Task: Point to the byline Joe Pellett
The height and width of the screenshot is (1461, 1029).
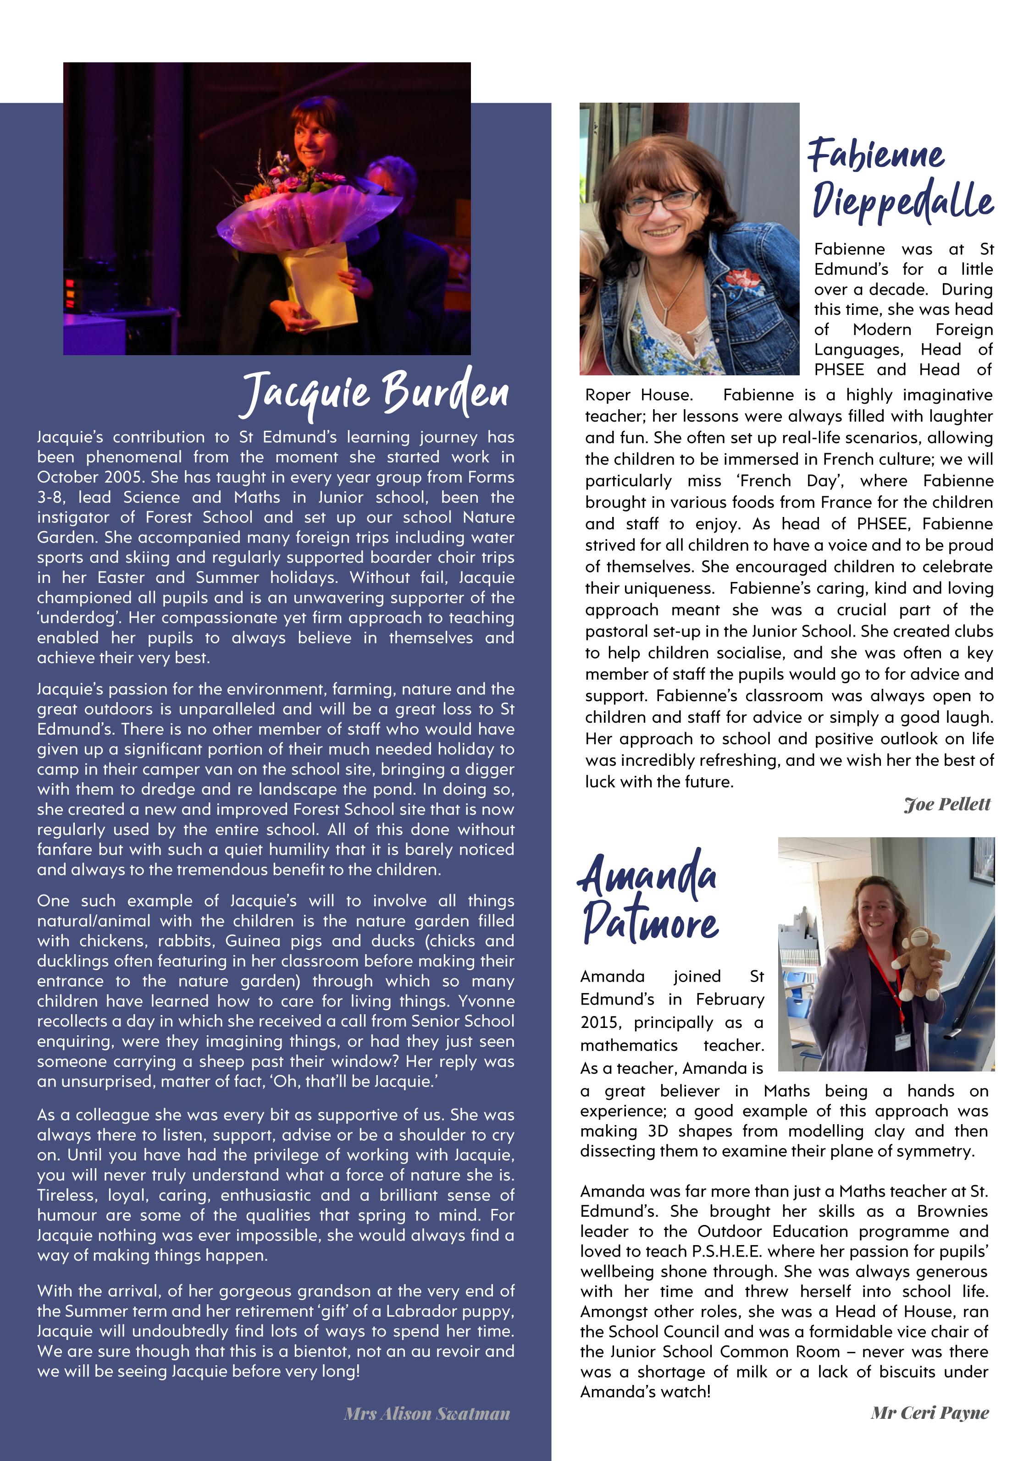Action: coord(947,804)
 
